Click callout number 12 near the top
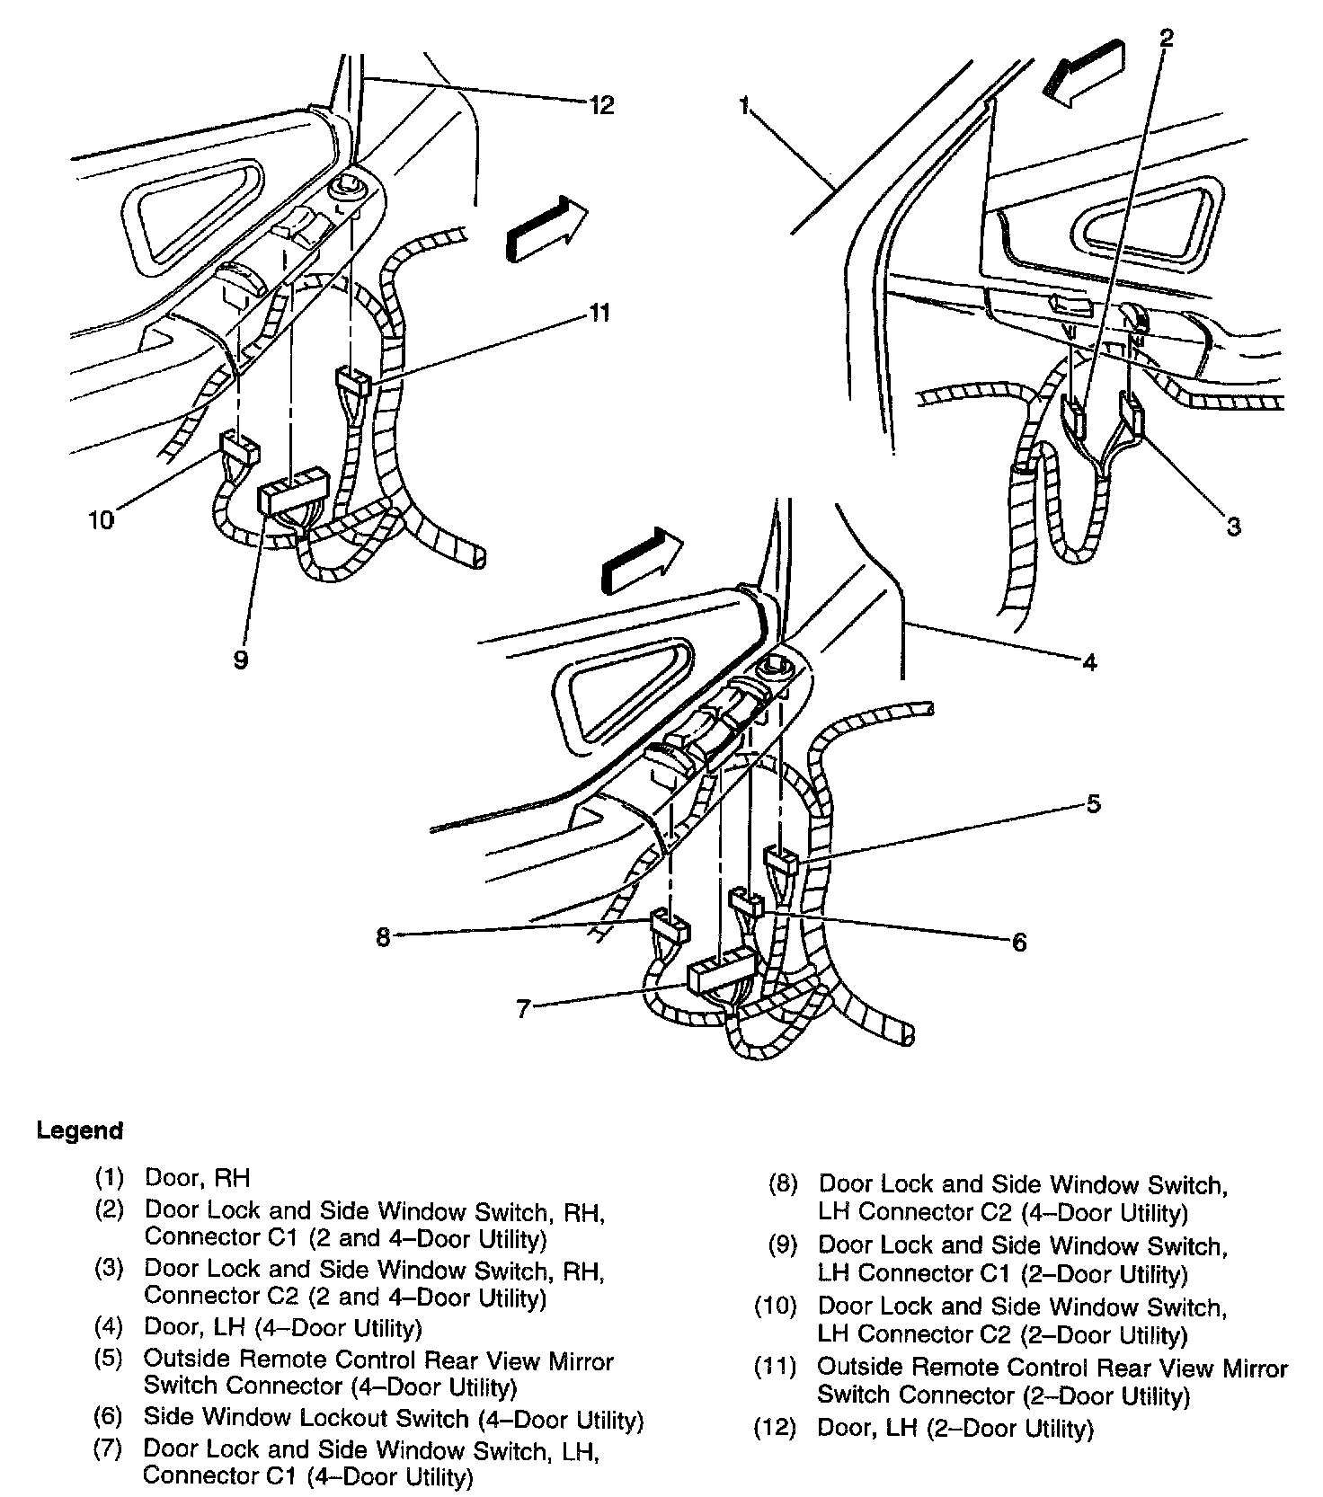601,105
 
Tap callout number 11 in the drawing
599,313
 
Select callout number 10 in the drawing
102,519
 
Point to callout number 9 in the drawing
240,660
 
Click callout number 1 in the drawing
744,107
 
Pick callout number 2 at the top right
1166,38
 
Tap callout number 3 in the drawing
1234,527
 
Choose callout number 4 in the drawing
1089,663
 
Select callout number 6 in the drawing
1018,942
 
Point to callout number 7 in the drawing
523,1009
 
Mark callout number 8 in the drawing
383,937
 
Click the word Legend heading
79,1130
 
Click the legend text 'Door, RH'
197,1177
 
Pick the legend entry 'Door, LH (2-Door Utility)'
955,1429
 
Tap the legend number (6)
108,1419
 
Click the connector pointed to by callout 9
292,492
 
